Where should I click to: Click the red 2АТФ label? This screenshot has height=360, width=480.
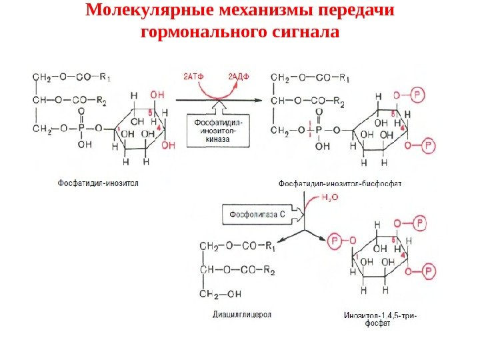click(193, 76)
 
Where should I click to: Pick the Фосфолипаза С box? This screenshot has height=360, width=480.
click(257, 215)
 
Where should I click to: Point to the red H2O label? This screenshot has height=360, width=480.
click(330, 197)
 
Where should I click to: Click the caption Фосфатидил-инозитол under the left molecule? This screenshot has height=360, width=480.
click(97, 181)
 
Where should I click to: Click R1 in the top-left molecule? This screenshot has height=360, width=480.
click(104, 77)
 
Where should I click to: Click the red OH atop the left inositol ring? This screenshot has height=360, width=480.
click(157, 95)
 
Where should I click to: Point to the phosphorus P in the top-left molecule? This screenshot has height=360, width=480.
click(81, 128)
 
